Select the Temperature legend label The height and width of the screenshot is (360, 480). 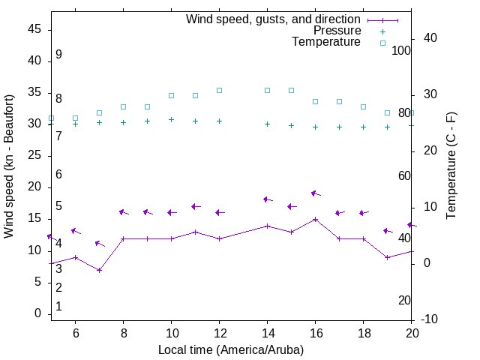click(326, 42)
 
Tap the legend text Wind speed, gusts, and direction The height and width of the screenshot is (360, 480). click(274, 19)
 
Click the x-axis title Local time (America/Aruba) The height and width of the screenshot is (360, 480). click(231, 349)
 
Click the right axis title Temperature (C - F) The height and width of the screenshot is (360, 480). click(451, 166)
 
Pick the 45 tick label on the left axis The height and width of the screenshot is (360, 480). click(34, 29)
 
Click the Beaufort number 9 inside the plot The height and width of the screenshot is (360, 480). click(58, 55)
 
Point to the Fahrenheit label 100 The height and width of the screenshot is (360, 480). click(401, 50)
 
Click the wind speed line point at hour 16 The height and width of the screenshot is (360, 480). click(316, 220)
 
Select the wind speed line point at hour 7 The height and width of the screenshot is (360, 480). click(99, 270)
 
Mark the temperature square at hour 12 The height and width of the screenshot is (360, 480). click(219, 90)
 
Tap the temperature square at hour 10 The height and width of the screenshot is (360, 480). click(171, 95)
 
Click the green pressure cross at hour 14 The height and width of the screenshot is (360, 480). click(267, 124)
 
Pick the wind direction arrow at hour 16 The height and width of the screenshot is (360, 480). click(316, 193)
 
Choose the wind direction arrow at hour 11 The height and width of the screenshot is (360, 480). click(195, 206)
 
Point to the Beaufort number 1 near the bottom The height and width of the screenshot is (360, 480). click(58, 307)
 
